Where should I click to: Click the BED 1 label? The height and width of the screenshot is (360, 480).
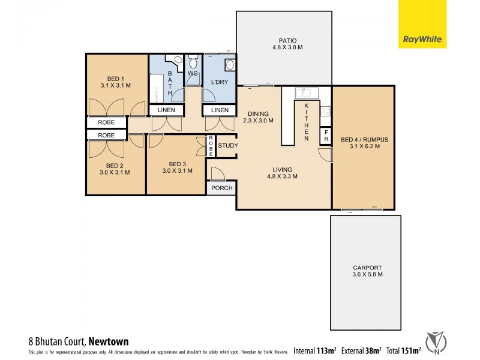pyautogui.click(x=116, y=79)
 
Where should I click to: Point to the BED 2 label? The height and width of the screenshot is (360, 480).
pyautogui.click(x=115, y=165)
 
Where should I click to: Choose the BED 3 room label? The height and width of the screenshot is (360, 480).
pyautogui.click(x=178, y=163)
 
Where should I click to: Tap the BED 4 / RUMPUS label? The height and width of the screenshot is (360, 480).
pyautogui.click(x=364, y=140)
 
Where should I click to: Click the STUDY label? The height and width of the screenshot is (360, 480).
pyautogui.click(x=227, y=146)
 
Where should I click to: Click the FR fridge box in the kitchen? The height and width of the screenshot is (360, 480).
pyautogui.click(x=326, y=134)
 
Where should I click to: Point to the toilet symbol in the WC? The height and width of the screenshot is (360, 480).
pyautogui.click(x=193, y=62)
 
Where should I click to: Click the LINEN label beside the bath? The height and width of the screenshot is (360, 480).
pyautogui.click(x=167, y=110)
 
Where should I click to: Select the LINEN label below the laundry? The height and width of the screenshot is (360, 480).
pyautogui.click(x=219, y=110)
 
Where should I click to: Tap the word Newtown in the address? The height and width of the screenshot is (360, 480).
pyautogui.click(x=109, y=341)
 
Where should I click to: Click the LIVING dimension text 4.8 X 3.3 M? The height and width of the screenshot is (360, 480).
pyautogui.click(x=283, y=176)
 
